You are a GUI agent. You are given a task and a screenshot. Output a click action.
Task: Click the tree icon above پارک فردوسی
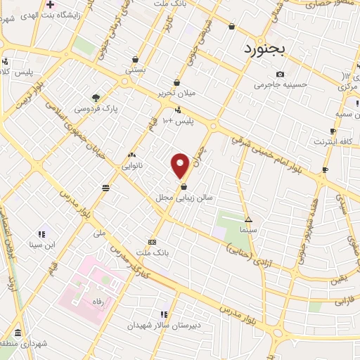coord(96,98)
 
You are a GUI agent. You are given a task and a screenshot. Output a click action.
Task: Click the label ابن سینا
coord(41,245)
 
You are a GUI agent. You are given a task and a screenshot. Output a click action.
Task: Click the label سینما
coord(248,230)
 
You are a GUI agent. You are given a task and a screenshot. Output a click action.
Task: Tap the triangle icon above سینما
coord(248,219)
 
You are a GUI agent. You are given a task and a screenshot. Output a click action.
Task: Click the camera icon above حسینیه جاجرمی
coord(281,75)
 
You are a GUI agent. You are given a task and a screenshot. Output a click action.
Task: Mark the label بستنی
coord(136,71)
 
